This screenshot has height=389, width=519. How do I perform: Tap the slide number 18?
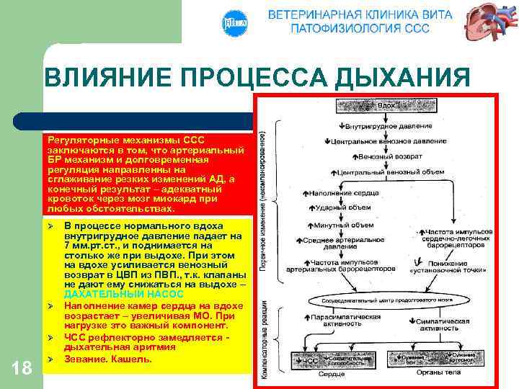(22, 367)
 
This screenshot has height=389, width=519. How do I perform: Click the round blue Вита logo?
(235, 23)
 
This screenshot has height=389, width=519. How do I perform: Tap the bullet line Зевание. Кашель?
(108, 358)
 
